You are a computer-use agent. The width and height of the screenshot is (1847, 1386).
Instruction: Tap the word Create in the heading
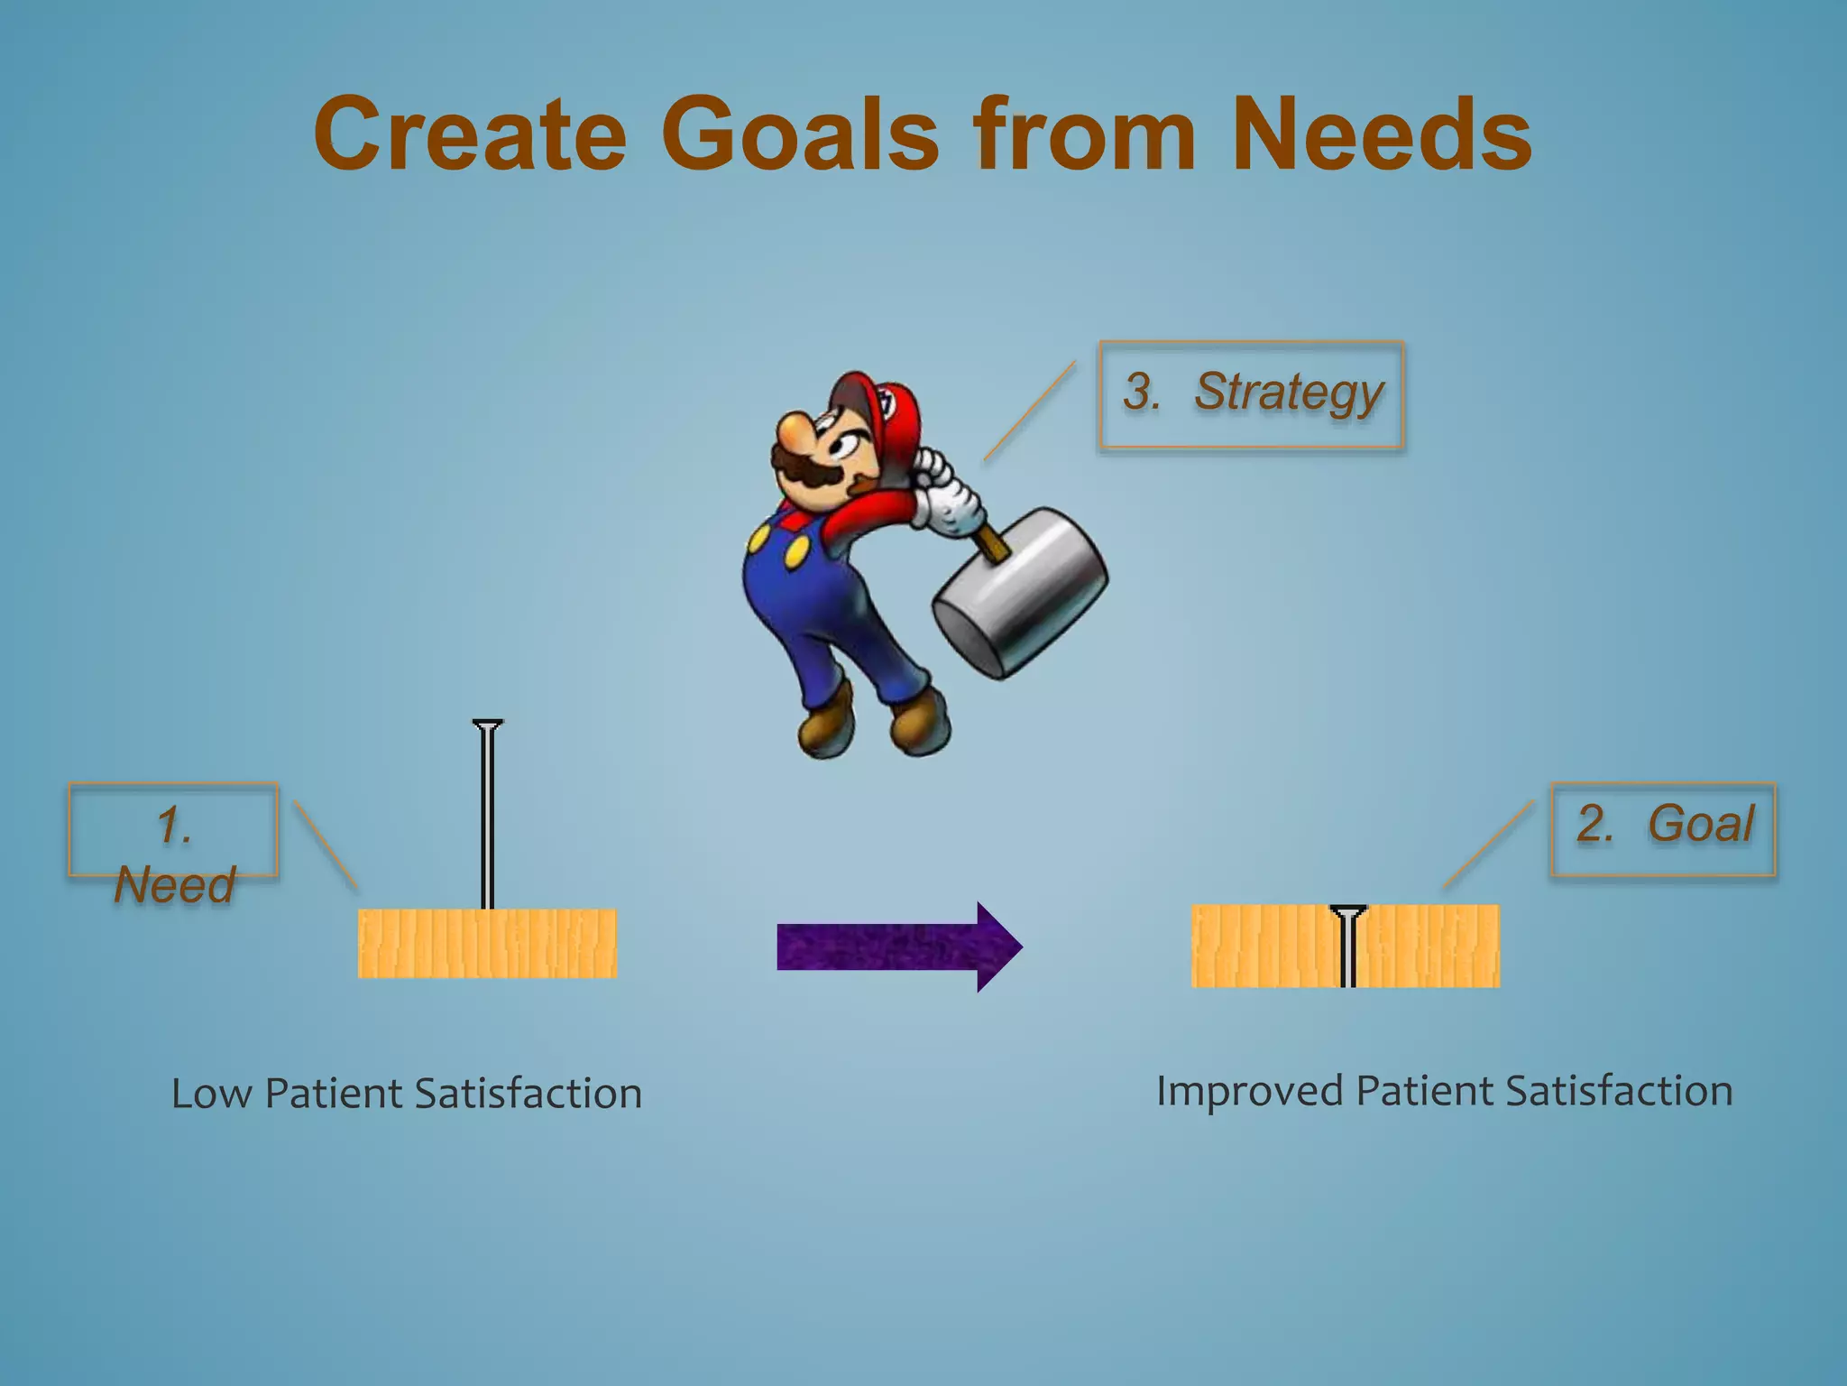[470, 135]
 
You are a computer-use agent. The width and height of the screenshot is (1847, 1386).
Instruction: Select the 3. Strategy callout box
[1251, 394]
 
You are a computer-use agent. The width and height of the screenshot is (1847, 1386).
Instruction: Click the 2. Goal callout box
[1662, 827]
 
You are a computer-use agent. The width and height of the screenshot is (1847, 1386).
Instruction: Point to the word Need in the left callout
[174, 884]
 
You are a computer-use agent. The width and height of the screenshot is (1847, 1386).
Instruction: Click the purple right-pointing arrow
[898, 947]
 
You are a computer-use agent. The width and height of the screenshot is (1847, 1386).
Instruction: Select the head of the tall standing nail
[488, 725]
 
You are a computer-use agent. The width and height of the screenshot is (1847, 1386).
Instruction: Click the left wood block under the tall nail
[487, 944]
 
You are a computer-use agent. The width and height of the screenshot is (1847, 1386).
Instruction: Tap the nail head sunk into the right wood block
[1347, 911]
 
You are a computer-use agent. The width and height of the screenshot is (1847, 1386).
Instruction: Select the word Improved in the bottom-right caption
[1250, 1091]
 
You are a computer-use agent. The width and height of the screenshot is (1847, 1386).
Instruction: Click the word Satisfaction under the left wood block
[528, 1094]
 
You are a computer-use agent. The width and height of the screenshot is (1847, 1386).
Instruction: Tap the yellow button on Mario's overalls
[796, 552]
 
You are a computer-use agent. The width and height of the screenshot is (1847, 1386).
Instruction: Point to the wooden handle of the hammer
[992, 544]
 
